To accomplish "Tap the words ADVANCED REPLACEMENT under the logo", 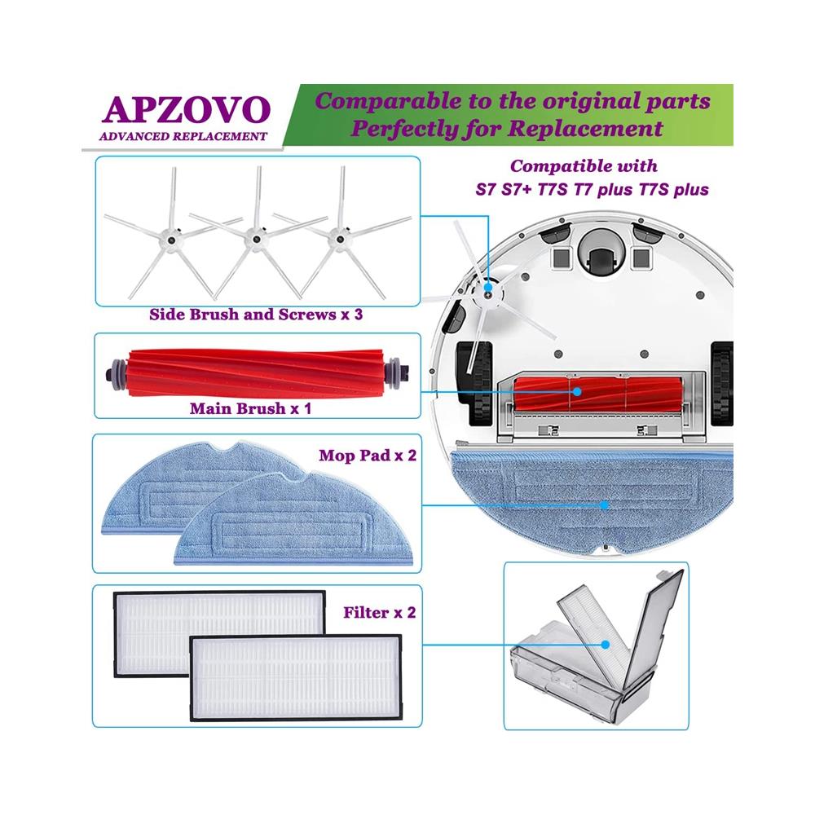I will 183,136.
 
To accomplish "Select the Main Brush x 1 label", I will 250,407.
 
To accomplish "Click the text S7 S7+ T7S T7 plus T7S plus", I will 584,191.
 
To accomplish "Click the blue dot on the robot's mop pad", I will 604,504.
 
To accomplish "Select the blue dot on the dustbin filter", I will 606,644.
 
